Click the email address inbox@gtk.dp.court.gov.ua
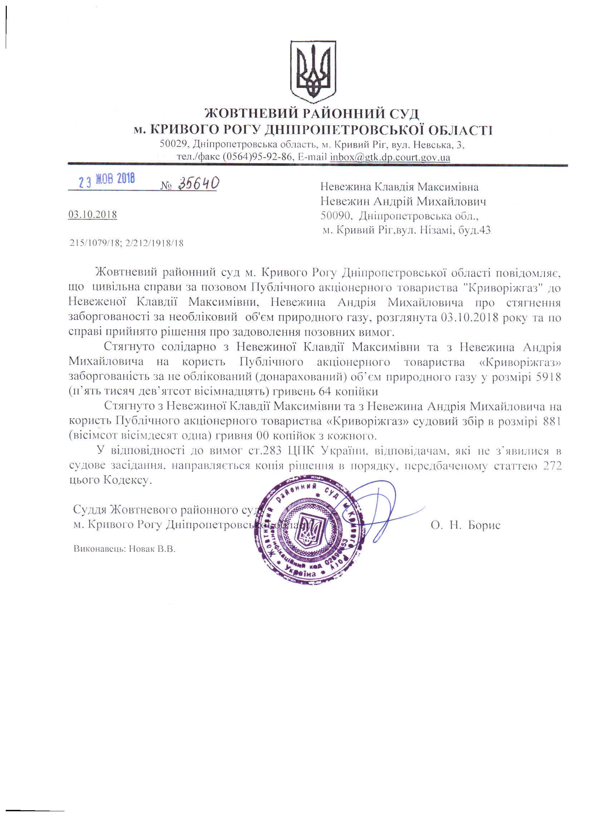pyautogui.click(x=390, y=157)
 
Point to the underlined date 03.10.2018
pyautogui.click(x=93, y=215)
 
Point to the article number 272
pyautogui.click(x=551, y=466)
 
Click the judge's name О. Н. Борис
pyautogui.click(x=465, y=525)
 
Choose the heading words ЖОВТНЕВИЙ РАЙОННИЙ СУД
pyautogui.click(x=312, y=113)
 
